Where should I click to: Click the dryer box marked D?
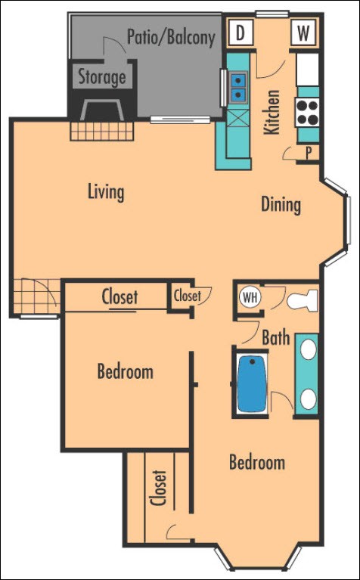click(241, 33)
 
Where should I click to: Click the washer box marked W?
click(303, 33)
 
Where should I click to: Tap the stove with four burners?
click(308, 113)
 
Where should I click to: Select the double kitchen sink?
click(237, 86)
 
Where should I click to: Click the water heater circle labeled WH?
click(250, 297)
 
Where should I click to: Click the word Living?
click(105, 191)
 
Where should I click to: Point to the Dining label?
click(281, 204)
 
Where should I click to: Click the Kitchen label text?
click(272, 112)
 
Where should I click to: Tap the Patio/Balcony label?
click(171, 36)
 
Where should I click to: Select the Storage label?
click(101, 77)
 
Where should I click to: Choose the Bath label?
click(276, 337)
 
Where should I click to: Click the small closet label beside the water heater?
click(187, 296)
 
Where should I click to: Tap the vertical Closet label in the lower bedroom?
click(159, 489)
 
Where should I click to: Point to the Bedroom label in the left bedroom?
click(125, 371)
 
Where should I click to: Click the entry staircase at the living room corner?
click(38, 295)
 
